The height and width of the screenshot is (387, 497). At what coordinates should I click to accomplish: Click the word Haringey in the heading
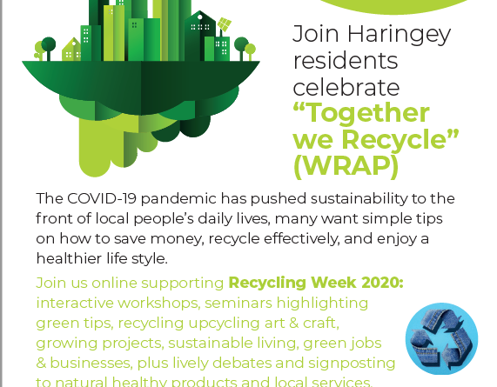[399, 35]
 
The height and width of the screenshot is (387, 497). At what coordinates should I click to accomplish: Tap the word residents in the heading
[346, 61]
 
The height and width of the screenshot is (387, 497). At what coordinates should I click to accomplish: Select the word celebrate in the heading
[346, 88]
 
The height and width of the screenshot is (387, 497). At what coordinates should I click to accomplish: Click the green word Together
[361, 114]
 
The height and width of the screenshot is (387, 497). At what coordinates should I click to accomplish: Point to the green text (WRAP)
[346, 166]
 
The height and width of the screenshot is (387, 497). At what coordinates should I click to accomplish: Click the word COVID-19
[102, 199]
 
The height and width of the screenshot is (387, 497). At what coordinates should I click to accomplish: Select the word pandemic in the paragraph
[178, 199]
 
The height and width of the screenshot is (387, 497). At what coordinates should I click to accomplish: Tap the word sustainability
[359, 199]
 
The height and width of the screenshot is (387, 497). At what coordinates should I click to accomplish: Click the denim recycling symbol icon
[441, 338]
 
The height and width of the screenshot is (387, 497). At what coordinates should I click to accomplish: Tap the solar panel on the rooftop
[225, 24]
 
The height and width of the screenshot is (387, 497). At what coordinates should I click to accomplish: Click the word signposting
[351, 364]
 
